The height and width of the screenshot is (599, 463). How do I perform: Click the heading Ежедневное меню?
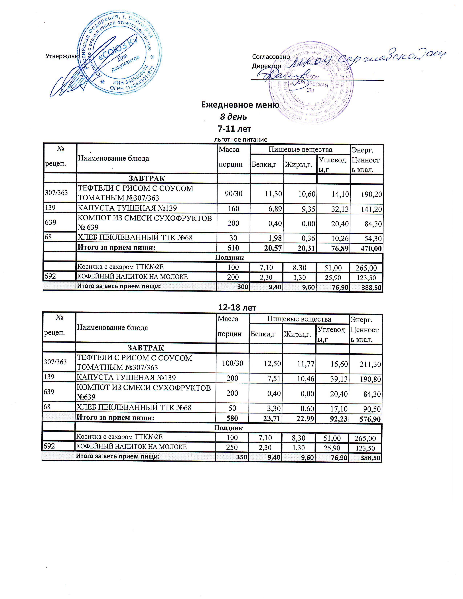pyautogui.click(x=240, y=105)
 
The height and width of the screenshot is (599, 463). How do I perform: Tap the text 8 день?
pyautogui.click(x=233, y=117)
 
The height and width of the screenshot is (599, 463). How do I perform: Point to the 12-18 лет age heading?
pyautogui.click(x=237, y=308)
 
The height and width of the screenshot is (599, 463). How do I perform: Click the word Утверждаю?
pyautogui.click(x=62, y=56)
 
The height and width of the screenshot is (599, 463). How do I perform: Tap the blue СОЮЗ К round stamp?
pyautogui.click(x=118, y=54)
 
